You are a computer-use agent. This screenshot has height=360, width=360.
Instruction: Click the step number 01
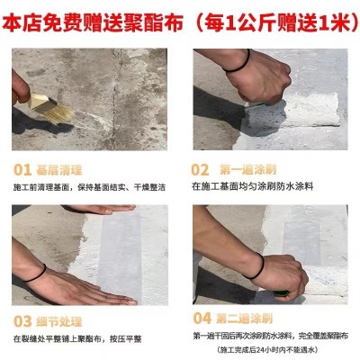tap(22, 170)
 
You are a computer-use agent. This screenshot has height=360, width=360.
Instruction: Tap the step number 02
tap(200, 170)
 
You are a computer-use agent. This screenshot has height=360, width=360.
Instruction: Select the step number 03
tap(22, 321)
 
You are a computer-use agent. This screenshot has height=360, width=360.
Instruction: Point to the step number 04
tap(202, 318)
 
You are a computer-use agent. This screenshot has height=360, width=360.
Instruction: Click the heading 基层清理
tap(59, 170)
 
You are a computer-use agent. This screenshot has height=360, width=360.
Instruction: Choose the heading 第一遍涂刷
tap(247, 170)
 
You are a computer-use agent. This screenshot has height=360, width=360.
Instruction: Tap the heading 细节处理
tap(59, 321)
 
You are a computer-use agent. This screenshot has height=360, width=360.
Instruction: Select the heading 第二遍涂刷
tap(244, 319)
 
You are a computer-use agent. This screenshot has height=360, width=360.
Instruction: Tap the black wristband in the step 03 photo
tap(36, 274)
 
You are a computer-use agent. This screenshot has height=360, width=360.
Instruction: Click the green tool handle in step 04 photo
tap(282, 293)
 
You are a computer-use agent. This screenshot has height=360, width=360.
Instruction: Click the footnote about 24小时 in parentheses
tap(267, 350)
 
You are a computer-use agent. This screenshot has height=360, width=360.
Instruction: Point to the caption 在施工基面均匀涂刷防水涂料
tap(253, 186)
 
